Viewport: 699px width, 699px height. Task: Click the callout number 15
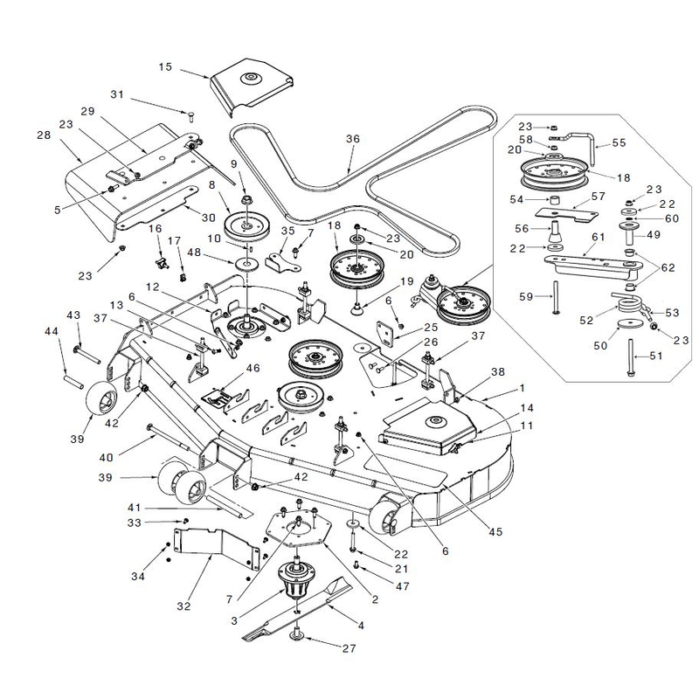coord(165,67)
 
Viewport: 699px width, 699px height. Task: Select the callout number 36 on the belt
coord(353,139)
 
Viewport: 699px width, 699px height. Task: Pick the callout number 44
coord(52,331)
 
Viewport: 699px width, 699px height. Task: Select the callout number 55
coord(619,142)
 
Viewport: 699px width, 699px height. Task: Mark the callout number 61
coord(598,237)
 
